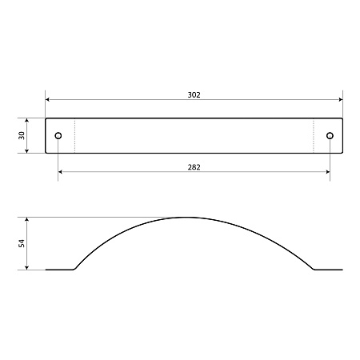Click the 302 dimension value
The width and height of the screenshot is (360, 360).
point(194,95)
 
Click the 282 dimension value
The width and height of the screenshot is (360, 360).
point(194,167)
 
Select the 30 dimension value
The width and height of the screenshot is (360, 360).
point(22,135)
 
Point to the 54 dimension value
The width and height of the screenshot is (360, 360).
point(22,243)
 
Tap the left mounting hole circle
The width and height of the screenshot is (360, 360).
point(58,136)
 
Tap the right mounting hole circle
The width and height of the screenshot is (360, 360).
point(330,136)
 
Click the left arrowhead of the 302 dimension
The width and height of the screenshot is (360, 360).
point(47,99)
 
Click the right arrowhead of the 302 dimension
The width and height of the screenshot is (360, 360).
point(341,99)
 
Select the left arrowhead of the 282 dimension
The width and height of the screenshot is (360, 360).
point(60,172)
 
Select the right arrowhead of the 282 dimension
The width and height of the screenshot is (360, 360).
point(328,172)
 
